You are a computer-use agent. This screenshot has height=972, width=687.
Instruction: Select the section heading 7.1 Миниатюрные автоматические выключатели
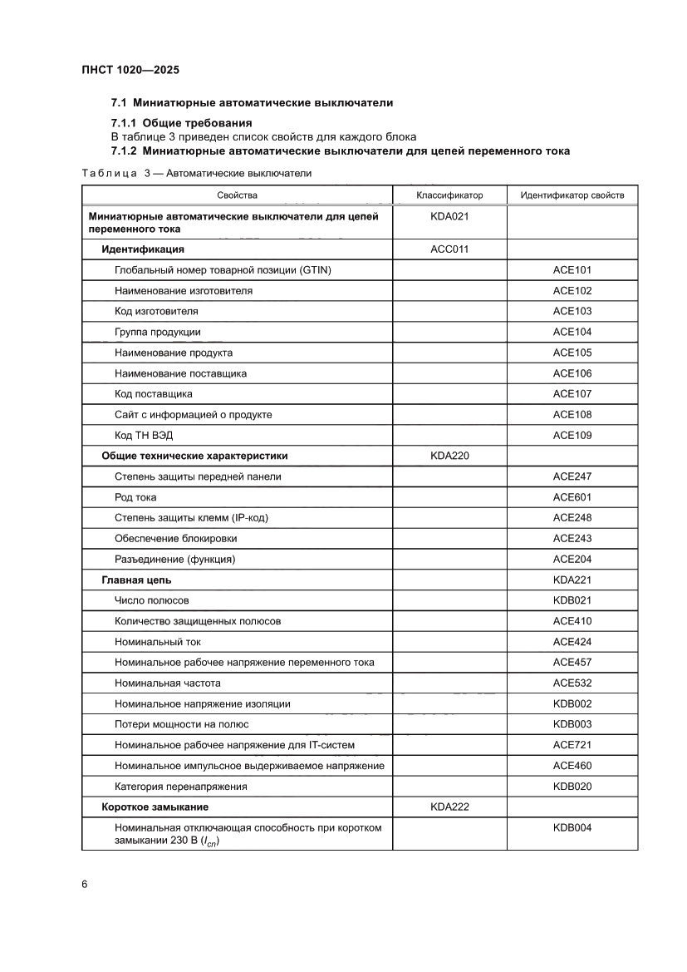pyautogui.click(x=252, y=103)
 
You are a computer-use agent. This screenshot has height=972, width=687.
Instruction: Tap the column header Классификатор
pyautogui.click(x=449, y=195)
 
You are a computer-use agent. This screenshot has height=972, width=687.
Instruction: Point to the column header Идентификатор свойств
pyautogui.click(x=572, y=195)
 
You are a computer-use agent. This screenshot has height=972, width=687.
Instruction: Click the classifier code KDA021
pyautogui.click(x=449, y=216)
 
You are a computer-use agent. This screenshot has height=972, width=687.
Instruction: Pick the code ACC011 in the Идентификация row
pyautogui.click(x=449, y=249)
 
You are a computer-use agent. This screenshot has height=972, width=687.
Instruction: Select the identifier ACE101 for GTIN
pyautogui.click(x=572, y=269)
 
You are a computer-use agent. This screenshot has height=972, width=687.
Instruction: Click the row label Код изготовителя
pyautogui.click(x=156, y=311)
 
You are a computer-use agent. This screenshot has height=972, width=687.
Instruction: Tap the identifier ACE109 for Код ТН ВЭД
pyautogui.click(x=572, y=435)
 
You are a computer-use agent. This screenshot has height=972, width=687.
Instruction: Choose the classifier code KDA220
pyautogui.click(x=449, y=456)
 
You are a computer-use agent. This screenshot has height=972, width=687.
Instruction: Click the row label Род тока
pyautogui.click(x=135, y=497)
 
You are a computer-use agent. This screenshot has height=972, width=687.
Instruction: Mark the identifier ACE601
pyautogui.click(x=572, y=497)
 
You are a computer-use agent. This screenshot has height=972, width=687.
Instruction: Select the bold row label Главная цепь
pyautogui.click(x=136, y=580)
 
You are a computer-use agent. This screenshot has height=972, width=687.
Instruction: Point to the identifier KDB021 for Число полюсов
pyautogui.click(x=572, y=600)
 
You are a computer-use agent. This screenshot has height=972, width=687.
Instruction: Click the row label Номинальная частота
pyautogui.click(x=168, y=683)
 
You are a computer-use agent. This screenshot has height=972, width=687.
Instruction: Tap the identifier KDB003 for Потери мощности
pyautogui.click(x=572, y=724)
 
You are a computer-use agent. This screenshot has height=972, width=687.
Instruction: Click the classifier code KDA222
pyautogui.click(x=449, y=807)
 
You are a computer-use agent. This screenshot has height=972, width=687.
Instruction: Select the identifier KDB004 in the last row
pyautogui.click(x=572, y=827)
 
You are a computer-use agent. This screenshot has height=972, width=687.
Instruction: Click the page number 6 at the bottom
pyautogui.click(x=85, y=883)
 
